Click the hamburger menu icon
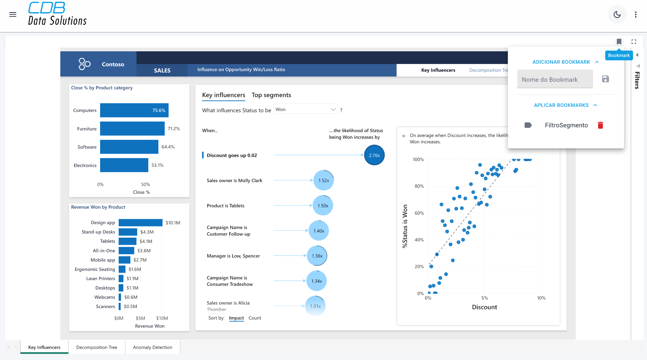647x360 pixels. (13, 14)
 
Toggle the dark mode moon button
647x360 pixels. (617, 14)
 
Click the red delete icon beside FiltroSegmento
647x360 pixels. (600, 125)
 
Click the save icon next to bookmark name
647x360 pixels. (605, 79)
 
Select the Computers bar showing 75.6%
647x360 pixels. (134, 111)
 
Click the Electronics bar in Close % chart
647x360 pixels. (124, 165)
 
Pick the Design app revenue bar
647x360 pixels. (140, 223)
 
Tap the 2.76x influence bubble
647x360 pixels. (374, 155)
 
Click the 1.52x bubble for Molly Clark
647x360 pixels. (323, 181)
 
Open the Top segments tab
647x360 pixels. (271, 95)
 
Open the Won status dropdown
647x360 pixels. (305, 110)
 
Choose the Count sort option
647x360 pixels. (255, 318)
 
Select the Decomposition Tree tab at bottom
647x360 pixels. (97, 347)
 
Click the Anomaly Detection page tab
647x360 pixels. (152, 347)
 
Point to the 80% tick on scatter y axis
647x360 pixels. (419, 186)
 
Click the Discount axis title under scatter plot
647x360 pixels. (484, 307)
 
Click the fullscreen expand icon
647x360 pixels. (634, 42)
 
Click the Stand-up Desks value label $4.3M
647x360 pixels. (147, 232)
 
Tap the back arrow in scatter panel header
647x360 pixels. (404, 136)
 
